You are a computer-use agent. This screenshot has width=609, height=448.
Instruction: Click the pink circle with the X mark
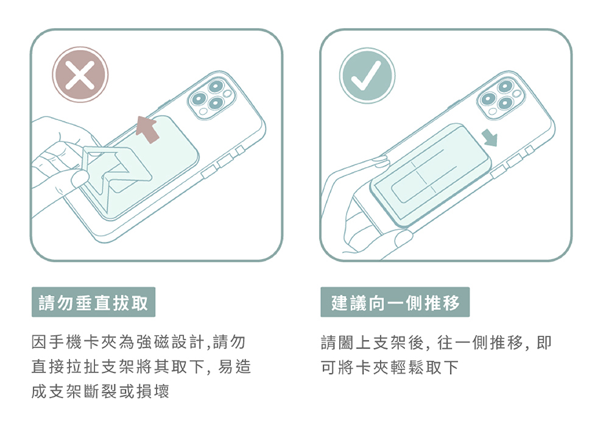[x=80, y=74]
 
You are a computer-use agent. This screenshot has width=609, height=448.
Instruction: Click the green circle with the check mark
[x=367, y=75]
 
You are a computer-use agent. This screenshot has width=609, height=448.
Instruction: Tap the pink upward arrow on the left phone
[x=147, y=129]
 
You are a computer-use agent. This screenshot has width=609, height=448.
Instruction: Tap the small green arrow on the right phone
[x=490, y=138]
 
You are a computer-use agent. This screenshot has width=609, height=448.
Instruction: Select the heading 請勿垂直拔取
[x=93, y=302]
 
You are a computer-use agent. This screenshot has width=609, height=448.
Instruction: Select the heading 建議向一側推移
[x=395, y=302]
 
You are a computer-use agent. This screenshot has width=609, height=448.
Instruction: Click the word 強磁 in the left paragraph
[x=152, y=342]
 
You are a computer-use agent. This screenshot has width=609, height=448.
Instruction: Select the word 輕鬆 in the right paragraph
[x=407, y=367]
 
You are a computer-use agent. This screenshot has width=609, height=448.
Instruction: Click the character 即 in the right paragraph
[x=544, y=343]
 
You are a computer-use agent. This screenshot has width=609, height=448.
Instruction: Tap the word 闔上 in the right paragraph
[x=346, y=343]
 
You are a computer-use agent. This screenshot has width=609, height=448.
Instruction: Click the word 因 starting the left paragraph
[x=39, y=342]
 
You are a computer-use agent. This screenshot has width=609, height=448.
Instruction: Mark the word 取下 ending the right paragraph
[x=442, y=367]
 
